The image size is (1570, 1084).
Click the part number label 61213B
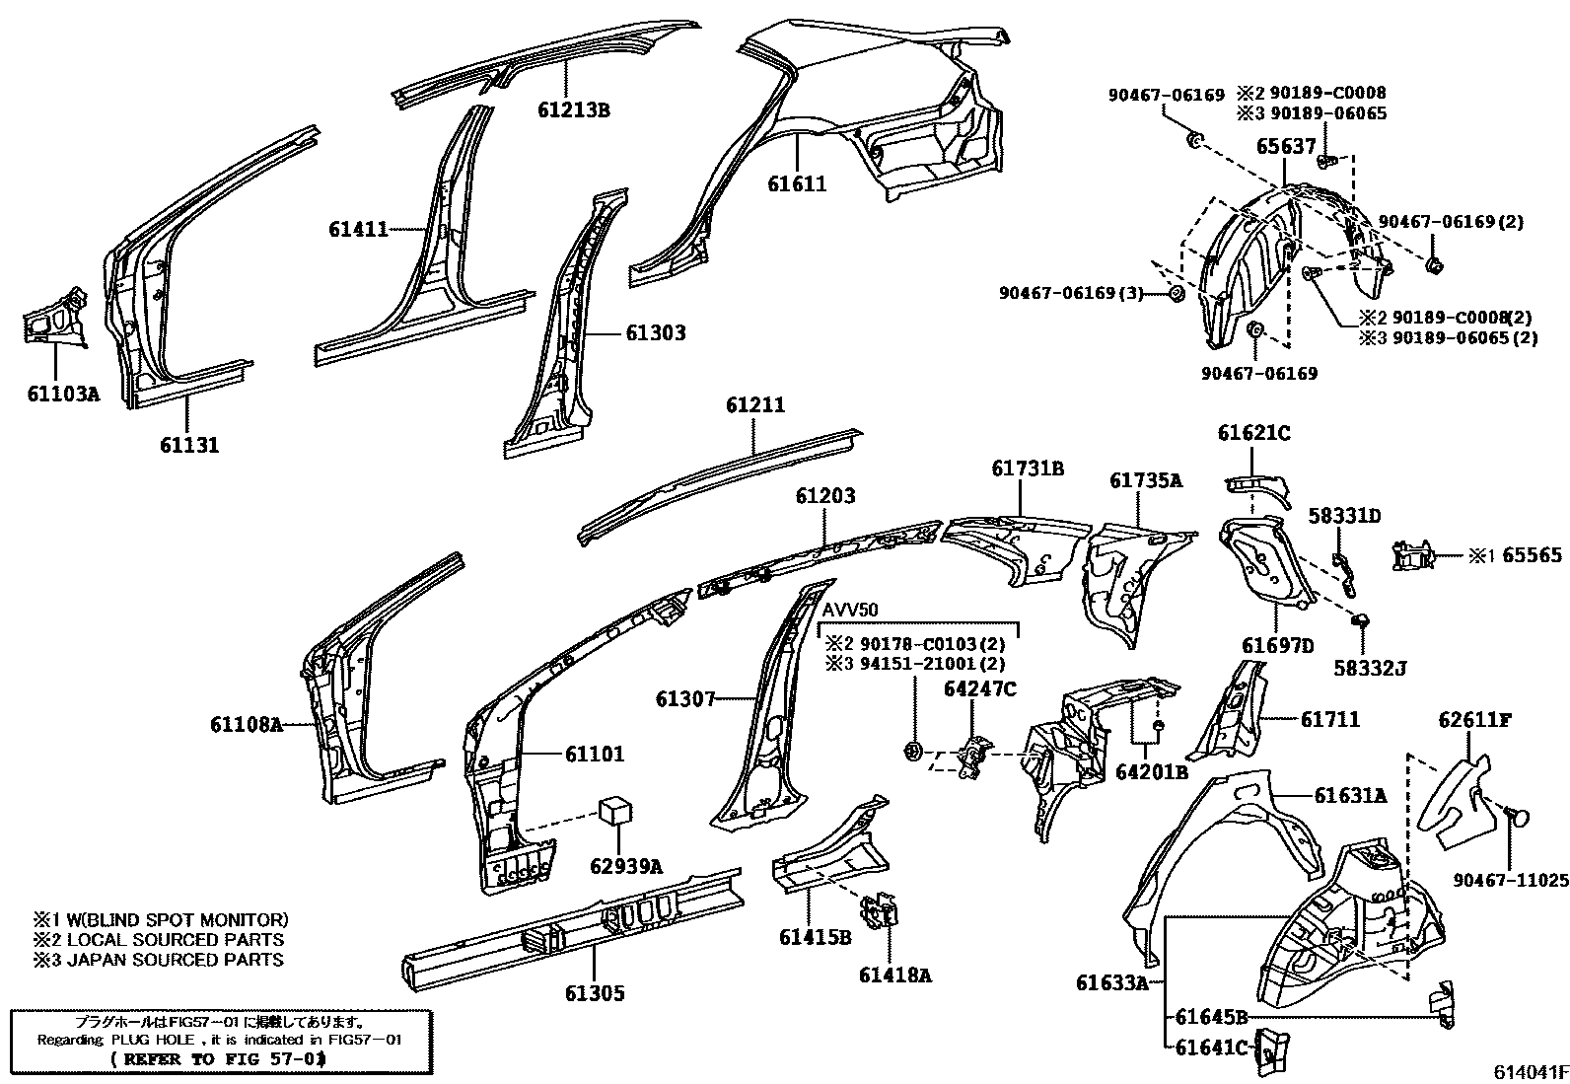click(573, 110)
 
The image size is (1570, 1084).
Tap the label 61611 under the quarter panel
click(797, 184)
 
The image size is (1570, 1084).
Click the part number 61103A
click(63, 395)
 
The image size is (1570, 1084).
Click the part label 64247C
click(979, 688)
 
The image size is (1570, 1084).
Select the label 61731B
click(1028, 470)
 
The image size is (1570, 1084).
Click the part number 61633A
click(1111, 982)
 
